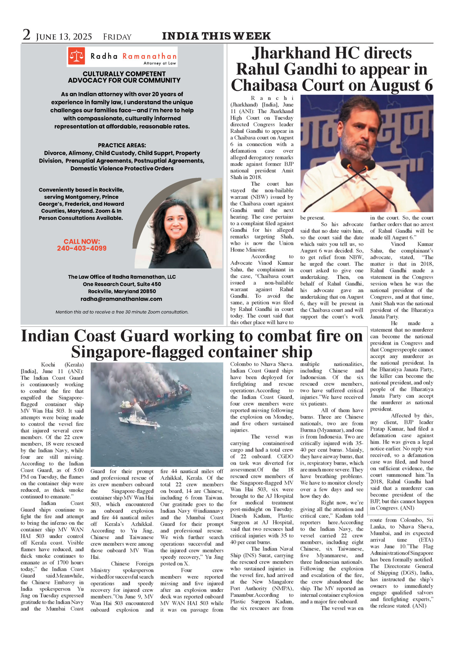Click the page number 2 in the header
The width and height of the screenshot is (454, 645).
click(x=26, y=35)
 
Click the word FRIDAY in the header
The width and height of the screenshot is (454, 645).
click(x=117, y=37)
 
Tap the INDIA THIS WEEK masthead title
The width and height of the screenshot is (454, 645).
click(x=216, y=36)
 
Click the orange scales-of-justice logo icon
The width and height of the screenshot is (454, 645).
click(x=76, y=56)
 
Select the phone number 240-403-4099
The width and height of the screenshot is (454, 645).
click(x=82, y=248)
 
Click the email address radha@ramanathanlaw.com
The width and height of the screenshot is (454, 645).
click(x=121, y=299)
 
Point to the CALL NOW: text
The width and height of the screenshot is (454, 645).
click(x=82, y=241)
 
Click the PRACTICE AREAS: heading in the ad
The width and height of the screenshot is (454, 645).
click(x=122, y=145)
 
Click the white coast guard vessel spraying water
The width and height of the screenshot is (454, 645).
click(x=138, y=420)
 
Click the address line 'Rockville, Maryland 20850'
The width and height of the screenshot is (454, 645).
click(x=122, y=291)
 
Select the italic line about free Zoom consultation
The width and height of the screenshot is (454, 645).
click(x=122, y=312)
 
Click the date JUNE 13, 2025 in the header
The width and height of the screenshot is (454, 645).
click(x=64, y=37)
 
